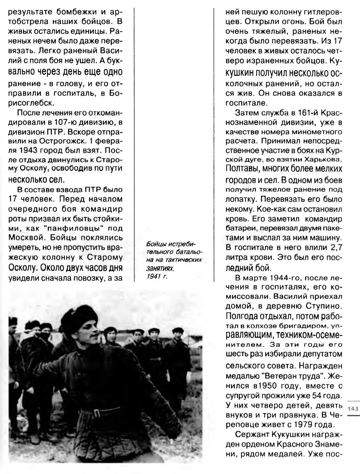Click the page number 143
click(x=353, y=408)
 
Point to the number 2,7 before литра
click(x=334, y=247)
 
